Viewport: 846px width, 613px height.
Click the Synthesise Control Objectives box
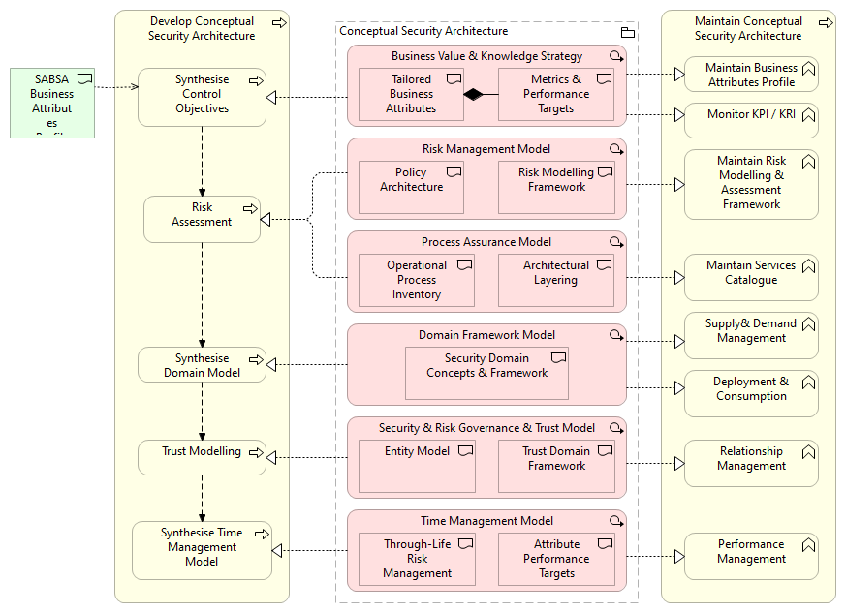(x=202, y=97)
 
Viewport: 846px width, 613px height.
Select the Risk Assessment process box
(x=202, y=219)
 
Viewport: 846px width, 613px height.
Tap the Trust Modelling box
(x=202, y=457)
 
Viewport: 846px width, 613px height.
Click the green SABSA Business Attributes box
(x=52, y=103)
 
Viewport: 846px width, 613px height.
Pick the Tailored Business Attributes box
(x=411, y=94)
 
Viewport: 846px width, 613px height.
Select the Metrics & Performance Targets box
(x=556, y=94)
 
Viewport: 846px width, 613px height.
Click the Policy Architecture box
(x=411, y=186)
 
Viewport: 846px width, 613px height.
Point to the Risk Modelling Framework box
(x=556, y=186)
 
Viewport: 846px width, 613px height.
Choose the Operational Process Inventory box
(x=417, y=280)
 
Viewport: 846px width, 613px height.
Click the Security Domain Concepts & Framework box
(x=486, y=372)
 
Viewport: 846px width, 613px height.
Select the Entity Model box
(x=417, y=466)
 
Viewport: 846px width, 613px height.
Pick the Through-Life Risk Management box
(x=417, y=559)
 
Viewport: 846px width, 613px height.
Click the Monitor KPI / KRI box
(x=751, y=120)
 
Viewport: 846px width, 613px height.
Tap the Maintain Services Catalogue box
(x=751, y=277)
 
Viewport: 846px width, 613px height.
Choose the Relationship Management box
(x=751, y=463)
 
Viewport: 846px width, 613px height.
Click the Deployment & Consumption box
(x=751, y=393)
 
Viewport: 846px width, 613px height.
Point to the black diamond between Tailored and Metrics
(x=472, y=94)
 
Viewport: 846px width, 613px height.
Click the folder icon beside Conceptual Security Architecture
(x=627, y=32)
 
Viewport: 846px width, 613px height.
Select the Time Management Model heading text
(x=486, y=521)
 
